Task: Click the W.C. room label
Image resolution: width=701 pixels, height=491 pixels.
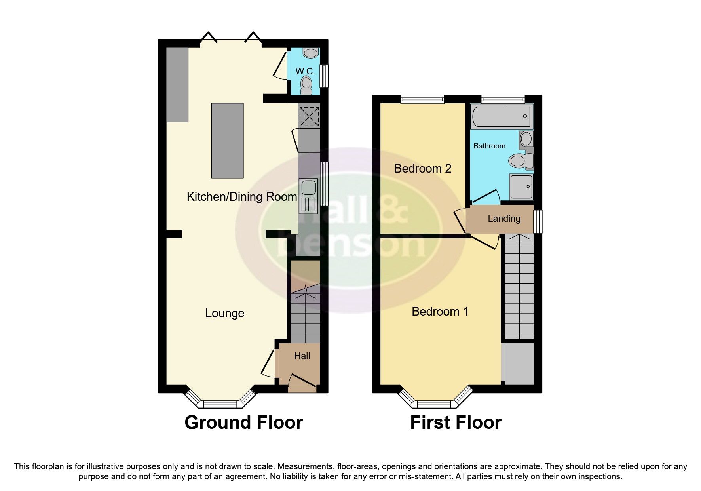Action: pyautogui.click(x=305, y=72)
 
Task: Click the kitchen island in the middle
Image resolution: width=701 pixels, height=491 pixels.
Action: pyautogui.click(x=227, y=140)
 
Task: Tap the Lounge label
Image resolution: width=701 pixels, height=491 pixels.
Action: pyautogui.click(x=224, y=313)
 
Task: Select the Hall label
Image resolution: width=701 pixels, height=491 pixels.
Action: pyautogui.click(x=302, y=356)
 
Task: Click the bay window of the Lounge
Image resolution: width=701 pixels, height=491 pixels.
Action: pyautogui.click(x=220, y=403)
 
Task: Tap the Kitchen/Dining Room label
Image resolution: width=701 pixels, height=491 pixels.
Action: pyautogui.click(x=241, y=197)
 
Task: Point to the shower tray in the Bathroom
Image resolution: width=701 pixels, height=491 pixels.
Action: pyautogui.click(x=521, y=187)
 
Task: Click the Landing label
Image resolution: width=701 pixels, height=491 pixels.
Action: pyautogui.click(x=504, y=219)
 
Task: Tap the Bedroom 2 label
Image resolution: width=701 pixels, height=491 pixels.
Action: pyautogui.click(x=423, y=169)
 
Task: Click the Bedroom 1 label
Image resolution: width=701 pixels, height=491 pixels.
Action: pyautogui.click(x=440, y=311)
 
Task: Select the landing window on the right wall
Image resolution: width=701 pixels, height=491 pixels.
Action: pyautogui.click(x=538, y=222)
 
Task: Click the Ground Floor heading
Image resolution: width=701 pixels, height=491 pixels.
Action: pyautogui.click(x=243, y=422)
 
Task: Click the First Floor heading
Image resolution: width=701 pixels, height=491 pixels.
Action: pyautogui.click(x=456, y=422)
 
